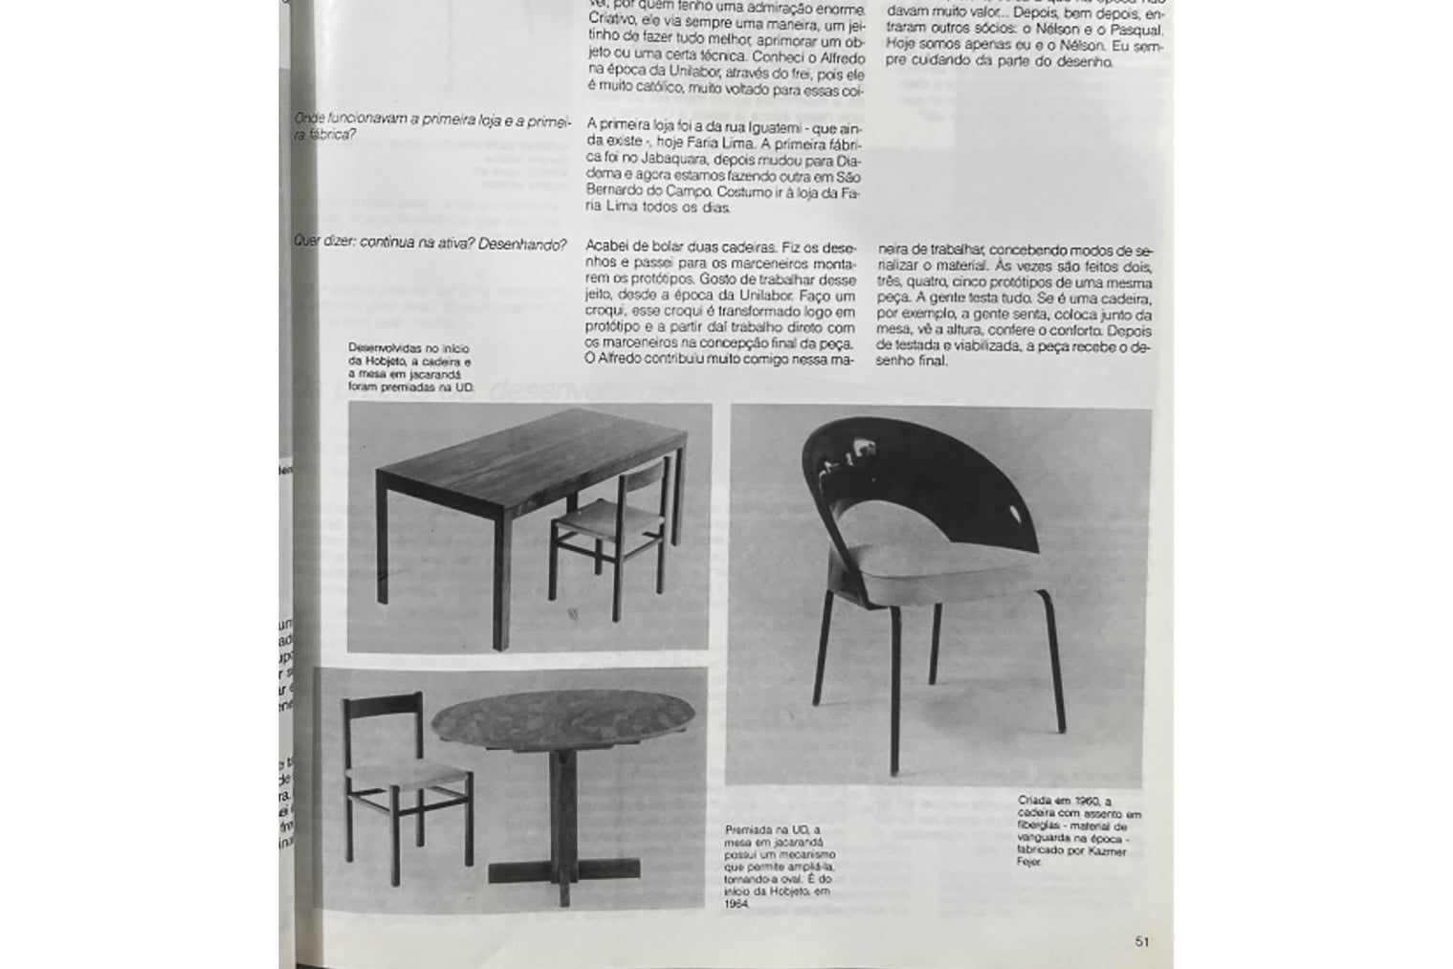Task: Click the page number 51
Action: (1141, 941)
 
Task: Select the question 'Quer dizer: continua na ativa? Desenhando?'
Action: (429, 243)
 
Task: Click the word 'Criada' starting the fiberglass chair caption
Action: (1039, 802)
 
